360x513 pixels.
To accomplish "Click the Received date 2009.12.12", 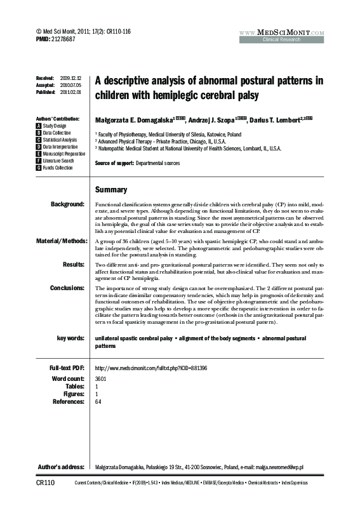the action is (x=70, y=77).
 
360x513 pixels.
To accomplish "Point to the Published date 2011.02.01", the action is (x=70, y=92).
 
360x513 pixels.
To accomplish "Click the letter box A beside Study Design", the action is (x=39, y=126).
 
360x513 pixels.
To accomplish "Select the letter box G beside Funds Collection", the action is (x=39, y=168).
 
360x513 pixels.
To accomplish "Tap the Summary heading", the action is (x=110, y=190).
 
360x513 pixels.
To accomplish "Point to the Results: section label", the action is (x=72, y=263).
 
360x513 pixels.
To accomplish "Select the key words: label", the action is (x=70, y=338).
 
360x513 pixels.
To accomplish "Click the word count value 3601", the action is (x=101, y=378).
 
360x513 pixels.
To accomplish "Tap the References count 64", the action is (x=98, y=401).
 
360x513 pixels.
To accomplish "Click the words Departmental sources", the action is (x=157, y=163).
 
